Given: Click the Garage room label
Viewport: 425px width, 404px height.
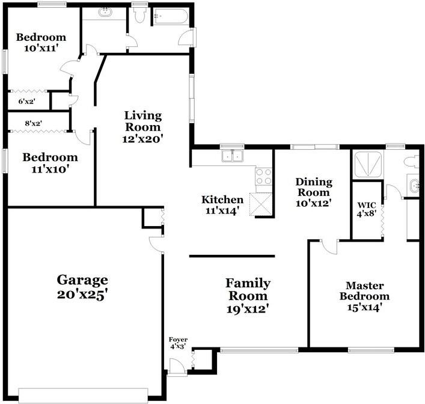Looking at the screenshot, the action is pyautogui.click(x=82, y=287).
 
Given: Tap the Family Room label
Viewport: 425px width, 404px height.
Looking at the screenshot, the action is pyautogui.click(x=248, y=296).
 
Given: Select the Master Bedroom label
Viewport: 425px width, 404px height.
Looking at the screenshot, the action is pyautogui.click(x=364, y=296).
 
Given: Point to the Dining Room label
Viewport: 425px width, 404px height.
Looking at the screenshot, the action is pyautogui.click(x=314, y=192).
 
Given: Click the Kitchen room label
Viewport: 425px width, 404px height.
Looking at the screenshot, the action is pyautogui.click(x=222, y=205).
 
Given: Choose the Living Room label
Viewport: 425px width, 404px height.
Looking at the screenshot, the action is pyautogui.click(x=143, y=127).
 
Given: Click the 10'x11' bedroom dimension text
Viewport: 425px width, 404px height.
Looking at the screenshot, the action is pyautogui.click(x=41, y=49).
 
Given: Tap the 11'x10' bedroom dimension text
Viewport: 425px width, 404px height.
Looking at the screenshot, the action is pyautogui.click(x=50, y=170).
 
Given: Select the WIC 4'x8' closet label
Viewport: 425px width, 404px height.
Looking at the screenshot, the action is pyautogui.click(x=367, y=209).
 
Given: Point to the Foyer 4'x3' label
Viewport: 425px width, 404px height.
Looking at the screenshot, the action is pyautogui.click(x=178, y=343).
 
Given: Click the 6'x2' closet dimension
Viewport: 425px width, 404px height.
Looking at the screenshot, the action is pyautogui.click(x=27, y=102).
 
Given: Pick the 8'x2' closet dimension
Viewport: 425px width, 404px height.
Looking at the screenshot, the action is pyautogui.click(x=34, y=123).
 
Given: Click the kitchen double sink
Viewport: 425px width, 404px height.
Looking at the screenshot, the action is pyautogui.click(x=232, y=156).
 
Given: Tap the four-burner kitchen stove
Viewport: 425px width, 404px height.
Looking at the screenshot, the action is pyautogui.click(x=264, y=177).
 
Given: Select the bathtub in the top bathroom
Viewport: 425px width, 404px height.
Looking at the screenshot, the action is pyautogui.click(x=171, y=17).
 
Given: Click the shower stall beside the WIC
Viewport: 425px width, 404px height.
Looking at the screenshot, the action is pyautogui.click(x=368, y=165).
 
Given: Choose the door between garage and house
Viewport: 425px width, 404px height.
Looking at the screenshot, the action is pyautogui.click(x=157, y=244).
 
